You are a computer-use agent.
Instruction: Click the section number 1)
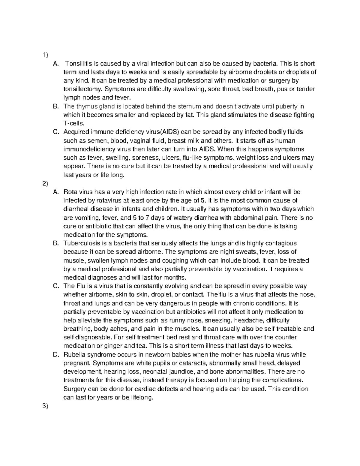click(45, 55)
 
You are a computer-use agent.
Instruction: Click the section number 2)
click(45, 183)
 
